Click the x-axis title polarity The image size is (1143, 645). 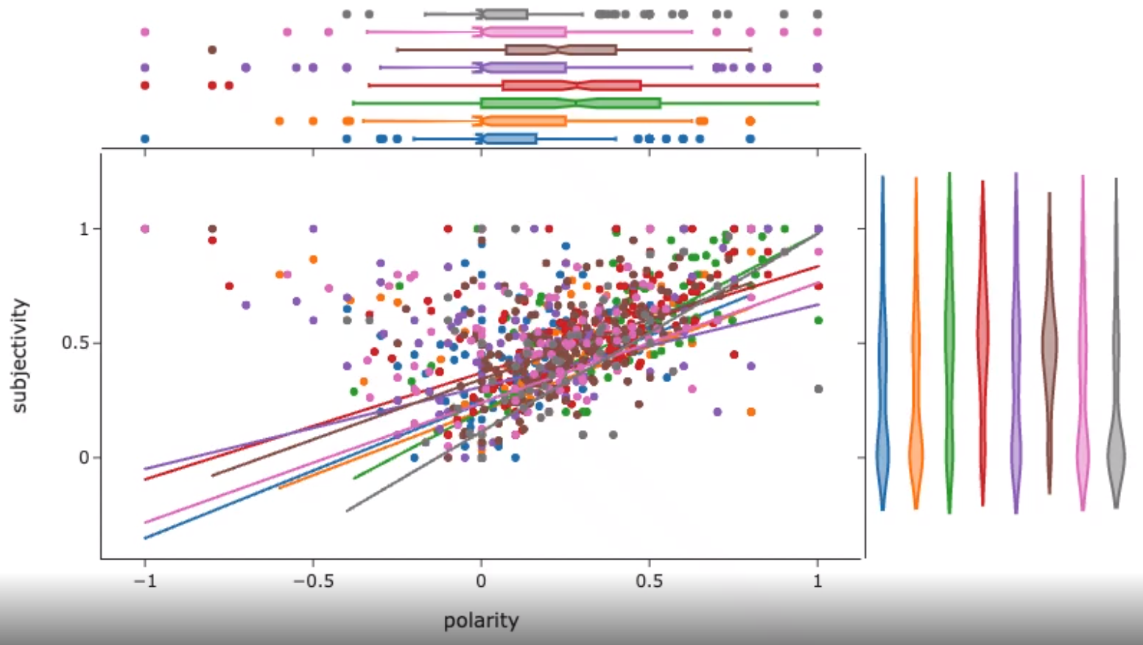point(481,621)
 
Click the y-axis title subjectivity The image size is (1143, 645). point(20,356)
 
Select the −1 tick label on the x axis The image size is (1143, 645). point(144,581)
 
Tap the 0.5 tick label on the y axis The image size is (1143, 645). point(74,343)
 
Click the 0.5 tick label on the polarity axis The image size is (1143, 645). point(649,581)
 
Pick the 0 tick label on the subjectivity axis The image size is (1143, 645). point(83,457)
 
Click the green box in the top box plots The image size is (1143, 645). point(571,103)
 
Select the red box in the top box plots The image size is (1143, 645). point(571,85)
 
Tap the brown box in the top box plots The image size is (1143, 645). point(560,50)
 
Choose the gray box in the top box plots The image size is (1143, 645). point(504,14)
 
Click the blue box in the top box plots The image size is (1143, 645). point(509,138)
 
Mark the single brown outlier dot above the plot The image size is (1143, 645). point(212,50)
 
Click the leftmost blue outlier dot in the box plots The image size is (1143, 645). point(145,138)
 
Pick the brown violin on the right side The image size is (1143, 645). point(1049,346)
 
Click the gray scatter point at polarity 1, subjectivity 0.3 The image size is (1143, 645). point(818,389)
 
